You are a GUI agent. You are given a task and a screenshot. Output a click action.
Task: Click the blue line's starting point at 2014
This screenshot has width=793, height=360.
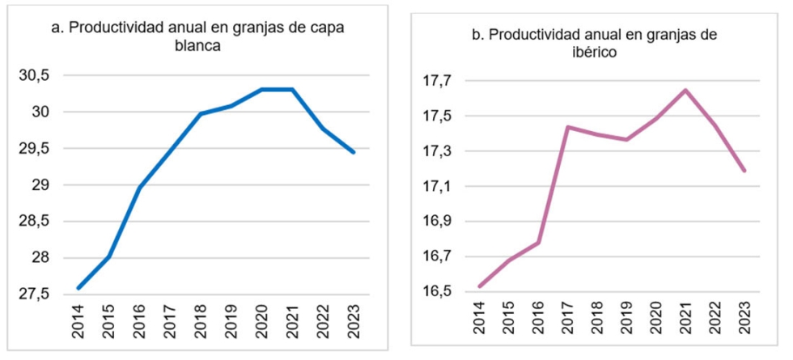(78, 288)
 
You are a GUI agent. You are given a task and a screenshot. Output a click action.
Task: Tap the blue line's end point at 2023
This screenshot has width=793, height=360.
(354, 152)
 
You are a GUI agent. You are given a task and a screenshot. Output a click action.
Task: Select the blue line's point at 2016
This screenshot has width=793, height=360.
(140, 188)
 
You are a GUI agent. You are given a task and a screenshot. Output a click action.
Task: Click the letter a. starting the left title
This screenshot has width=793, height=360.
(57, 28)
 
